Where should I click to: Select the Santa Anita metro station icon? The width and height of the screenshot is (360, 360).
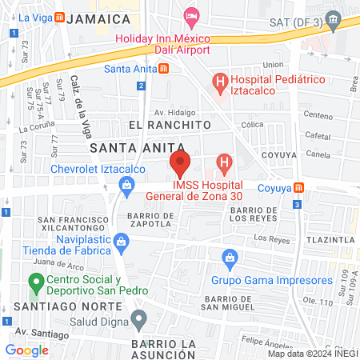(164, 69)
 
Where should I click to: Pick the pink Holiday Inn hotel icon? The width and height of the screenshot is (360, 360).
(191, 14)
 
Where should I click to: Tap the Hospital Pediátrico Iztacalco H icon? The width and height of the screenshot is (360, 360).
(218, 81)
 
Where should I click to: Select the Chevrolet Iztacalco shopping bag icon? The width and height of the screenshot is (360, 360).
(126, 186)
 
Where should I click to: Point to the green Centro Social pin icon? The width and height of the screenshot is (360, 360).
(35, 282)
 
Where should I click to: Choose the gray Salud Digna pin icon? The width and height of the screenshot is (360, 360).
(139, 322)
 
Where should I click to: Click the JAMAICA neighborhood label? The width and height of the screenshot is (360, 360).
(100, 18)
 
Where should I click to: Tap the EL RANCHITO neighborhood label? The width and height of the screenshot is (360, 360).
(169, 126)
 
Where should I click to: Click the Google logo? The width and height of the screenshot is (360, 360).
(27, 350)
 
